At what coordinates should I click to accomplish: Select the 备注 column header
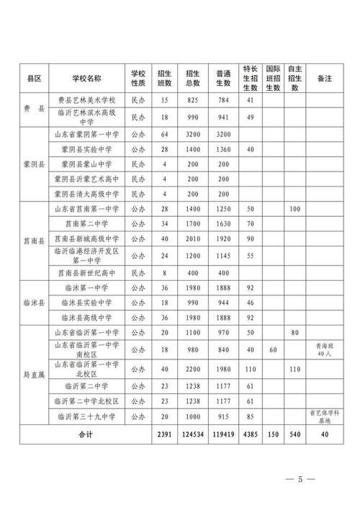[x=321, y=78]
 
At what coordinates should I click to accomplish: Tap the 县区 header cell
[x=32, y=78]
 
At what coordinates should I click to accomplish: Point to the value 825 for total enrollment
[x=192, y=100]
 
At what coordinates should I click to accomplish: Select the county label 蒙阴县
[x=32, y=164]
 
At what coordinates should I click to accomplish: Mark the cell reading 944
[x=223, y=303]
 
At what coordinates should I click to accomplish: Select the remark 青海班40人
[x=321, y=350]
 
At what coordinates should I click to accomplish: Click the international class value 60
[x=273, y=350]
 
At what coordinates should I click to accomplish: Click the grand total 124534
[x=192, y=435]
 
